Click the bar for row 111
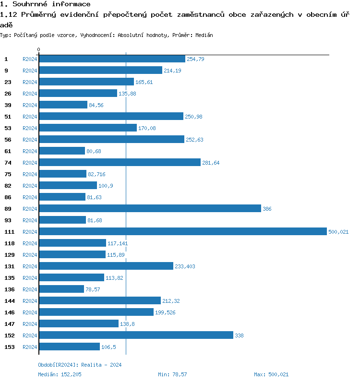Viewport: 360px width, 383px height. (x=182, y=231)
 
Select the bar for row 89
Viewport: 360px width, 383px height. (x=150, y=208)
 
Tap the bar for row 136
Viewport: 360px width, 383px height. (x=61, y=289)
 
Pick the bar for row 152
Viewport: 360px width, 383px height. (x=136, y=335)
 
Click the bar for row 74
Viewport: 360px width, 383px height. (x=120, y=162)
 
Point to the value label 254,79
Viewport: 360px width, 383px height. (x=195, y=59)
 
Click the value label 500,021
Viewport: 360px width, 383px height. (x=338, y=232)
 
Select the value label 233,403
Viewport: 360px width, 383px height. (x=185, y=266)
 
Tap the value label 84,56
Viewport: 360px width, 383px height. (x=96, y=105)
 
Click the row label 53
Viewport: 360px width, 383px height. (x=8, y=128)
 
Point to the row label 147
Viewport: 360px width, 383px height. (x=10, y=324)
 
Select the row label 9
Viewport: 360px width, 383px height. (x=6, y=71)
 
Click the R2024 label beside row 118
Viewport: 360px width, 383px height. (x=30, y=243)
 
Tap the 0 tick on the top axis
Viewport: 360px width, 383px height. (x=39, y=49)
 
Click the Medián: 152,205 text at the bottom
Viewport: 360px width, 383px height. (x=60, y=374)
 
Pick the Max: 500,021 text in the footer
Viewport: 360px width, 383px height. (x=271, y=374)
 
